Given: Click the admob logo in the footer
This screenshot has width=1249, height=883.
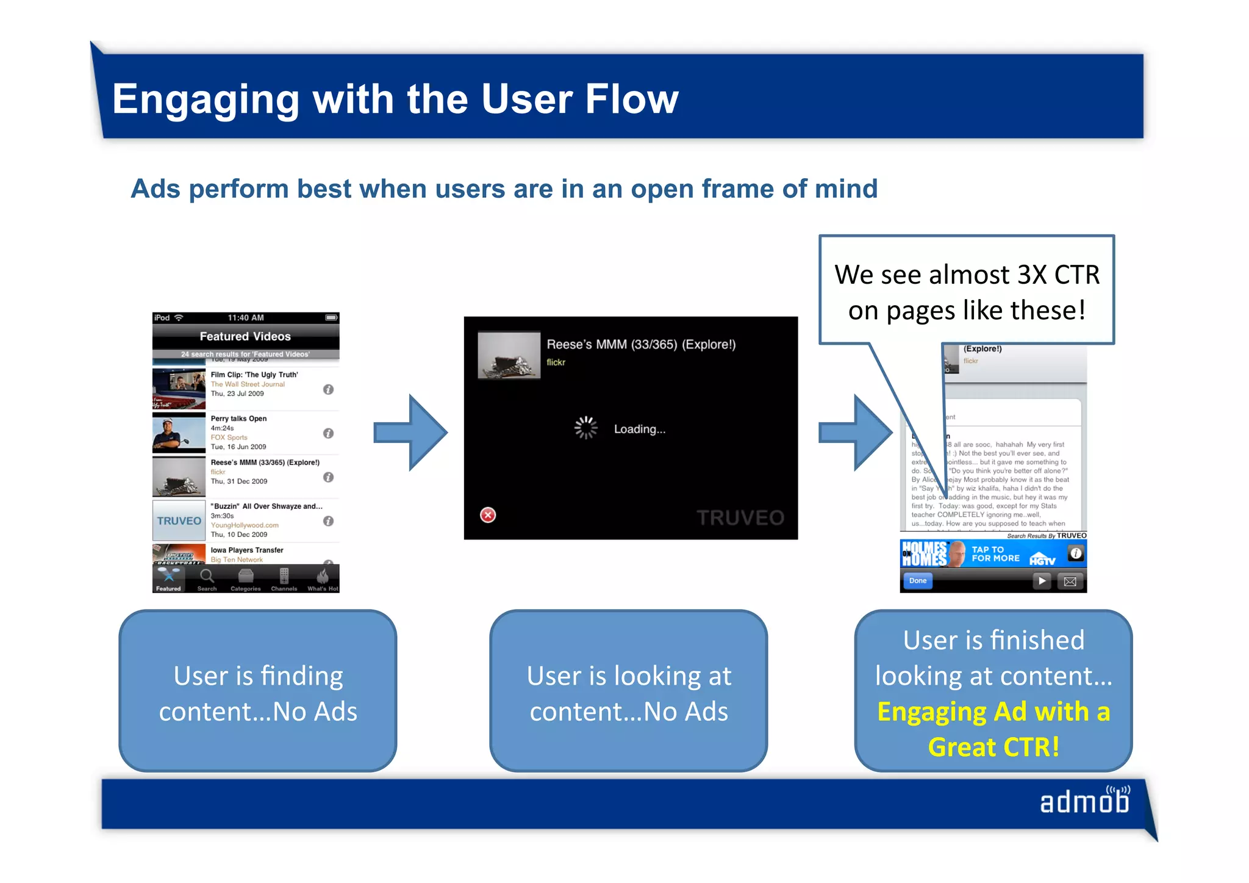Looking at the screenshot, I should (1084, 801).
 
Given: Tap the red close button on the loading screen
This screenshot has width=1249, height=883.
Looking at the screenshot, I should (488, 515).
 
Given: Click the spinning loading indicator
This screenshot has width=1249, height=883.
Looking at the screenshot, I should (585, 428).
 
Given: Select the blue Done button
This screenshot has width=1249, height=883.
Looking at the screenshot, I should (917, 580).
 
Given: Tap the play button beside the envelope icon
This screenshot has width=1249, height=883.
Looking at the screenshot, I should (1042, 581).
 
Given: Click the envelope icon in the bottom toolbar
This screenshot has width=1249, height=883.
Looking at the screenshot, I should (1070, 581).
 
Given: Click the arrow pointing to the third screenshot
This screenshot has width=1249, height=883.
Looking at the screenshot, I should (856, 433).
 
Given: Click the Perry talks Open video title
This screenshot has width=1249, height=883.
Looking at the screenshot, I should (238, 419).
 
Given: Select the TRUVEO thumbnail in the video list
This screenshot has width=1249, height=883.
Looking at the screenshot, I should (179, 521).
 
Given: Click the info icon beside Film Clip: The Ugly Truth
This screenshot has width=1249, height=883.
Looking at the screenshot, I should (328, 389).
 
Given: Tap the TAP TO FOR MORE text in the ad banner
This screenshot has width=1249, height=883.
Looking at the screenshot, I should (995, 554).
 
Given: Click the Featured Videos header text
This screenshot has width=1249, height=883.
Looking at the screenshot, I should (245, 336).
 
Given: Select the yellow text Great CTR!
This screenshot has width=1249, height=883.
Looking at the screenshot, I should (993, 747).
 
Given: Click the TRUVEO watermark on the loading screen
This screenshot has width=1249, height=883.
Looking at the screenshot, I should (740, 518).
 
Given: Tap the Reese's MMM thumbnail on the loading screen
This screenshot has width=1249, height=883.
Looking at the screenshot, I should (509, 355).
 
